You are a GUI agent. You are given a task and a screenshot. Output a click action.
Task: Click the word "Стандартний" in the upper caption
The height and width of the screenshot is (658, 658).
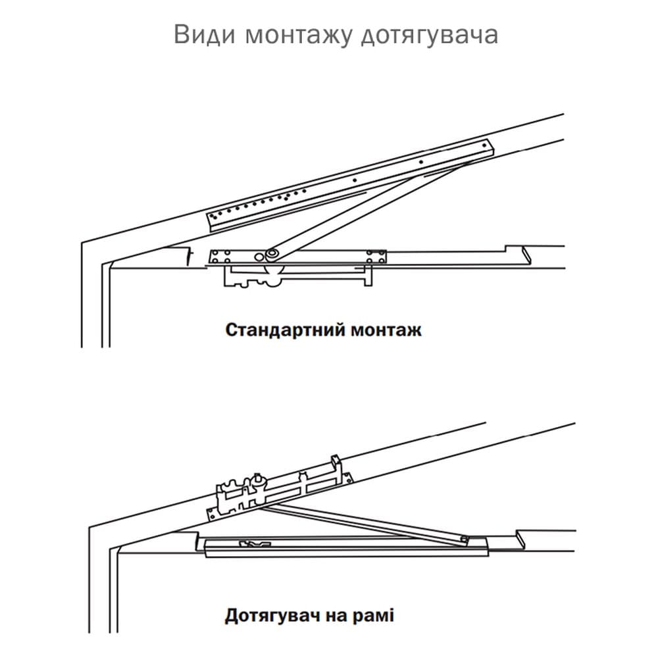coord(285,330)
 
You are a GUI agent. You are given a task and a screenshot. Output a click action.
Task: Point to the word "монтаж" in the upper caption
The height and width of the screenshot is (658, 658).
coord(386,330)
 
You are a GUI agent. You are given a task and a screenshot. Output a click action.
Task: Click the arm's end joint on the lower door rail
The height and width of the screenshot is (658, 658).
coord(464,538)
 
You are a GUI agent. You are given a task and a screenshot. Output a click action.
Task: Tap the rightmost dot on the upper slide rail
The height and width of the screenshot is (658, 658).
coord(485,145)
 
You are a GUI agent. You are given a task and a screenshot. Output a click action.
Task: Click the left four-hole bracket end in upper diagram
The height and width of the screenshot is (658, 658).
coord(220,257)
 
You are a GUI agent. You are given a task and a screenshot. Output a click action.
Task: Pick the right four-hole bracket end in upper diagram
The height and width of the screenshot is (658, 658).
coord(376,257)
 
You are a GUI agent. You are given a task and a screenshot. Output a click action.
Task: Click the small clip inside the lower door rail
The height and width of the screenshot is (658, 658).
coord(255,544)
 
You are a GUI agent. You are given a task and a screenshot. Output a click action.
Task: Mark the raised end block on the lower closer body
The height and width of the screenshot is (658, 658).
coord(336,465)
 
